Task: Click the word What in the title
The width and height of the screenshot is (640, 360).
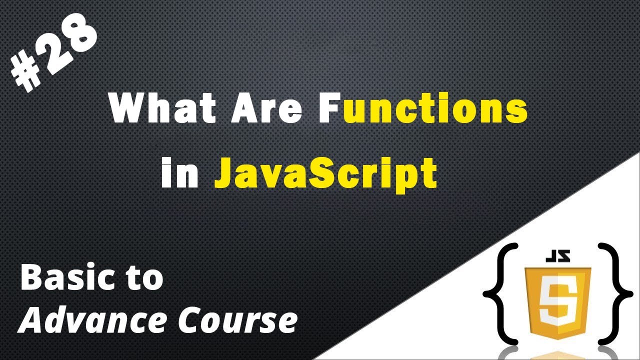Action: [159, 109]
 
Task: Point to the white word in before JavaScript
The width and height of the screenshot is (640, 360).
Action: [180, 173]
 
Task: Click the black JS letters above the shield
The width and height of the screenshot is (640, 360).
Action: [557, 259]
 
